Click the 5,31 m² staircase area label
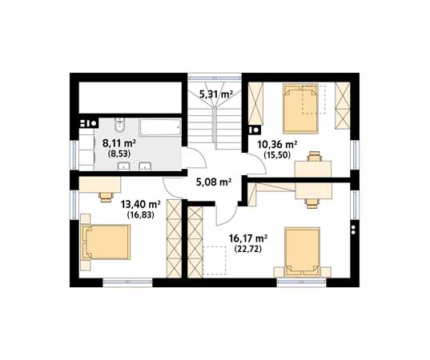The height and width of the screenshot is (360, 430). [216, 94]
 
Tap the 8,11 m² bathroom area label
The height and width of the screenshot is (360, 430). [119, 143]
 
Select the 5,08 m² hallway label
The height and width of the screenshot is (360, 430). [214, 182]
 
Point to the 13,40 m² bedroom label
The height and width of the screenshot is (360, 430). [141, 204]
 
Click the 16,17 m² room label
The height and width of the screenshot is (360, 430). [248, 238]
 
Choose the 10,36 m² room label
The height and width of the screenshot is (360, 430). [277, 144]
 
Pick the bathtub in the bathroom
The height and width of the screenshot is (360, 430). [160, 127]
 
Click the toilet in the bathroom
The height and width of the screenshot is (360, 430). [120, 125]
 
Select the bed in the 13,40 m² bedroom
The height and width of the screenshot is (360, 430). [106, 242]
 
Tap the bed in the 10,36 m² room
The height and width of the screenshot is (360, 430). [300, 109]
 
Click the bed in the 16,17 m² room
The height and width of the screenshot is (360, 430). [302, 251]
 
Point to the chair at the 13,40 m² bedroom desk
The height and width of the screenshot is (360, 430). [106, 197]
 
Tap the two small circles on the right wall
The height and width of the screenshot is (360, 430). [353, 230]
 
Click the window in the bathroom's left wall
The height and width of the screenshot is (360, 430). [74, 154]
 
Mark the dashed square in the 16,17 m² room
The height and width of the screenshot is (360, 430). [215, 261]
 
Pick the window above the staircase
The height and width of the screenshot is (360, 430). [215, 77]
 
